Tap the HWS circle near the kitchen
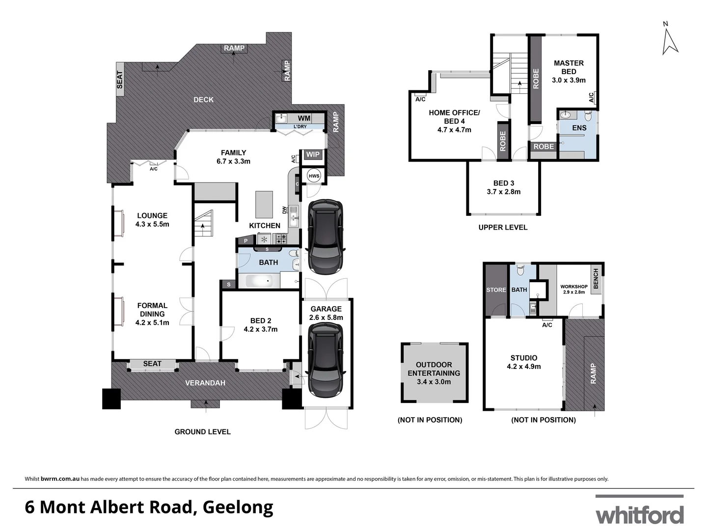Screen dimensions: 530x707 click(x=314, y=176)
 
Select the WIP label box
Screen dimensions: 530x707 click(x=313, y=155)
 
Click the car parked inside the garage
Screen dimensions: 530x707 click(x=326, y=364)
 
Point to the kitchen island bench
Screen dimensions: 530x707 click(x=264, y=204)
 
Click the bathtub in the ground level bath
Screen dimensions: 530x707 click(x=259, y=281)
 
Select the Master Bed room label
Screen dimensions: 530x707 click(x=569, y=67)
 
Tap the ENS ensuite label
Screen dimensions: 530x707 click(x=579, y=128)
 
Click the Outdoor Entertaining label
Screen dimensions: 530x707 click(x=434, y=369)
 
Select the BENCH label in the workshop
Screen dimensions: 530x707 click(x=596, y=279)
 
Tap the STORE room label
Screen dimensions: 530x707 click(x=496, y=290)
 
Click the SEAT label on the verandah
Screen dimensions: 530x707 click(x=152, y=364)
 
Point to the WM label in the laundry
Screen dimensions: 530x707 click(x=304, y=118)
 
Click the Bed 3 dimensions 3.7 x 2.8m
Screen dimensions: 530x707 click(x=504, y=192)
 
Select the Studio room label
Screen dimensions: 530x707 click(x=524, y=358)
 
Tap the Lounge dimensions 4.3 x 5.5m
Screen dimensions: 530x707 click(x=152, y=224)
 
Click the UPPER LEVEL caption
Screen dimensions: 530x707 click(x=503, y=227)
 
